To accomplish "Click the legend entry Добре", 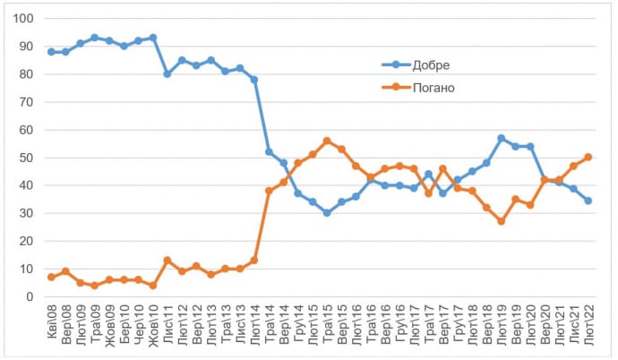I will (x=433, y=65).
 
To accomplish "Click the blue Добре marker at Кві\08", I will (x=51, y=52).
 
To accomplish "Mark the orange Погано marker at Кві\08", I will (x=51, y=277).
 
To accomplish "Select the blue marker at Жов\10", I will (x=153, y=38).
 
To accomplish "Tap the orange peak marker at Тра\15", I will (x=327, y=141).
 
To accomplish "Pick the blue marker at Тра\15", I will (x=327, y=213).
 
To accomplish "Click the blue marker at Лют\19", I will (x=501, y=138).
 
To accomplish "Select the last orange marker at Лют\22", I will (x=588, y=158).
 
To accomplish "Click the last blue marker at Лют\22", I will (x=588, y=201).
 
